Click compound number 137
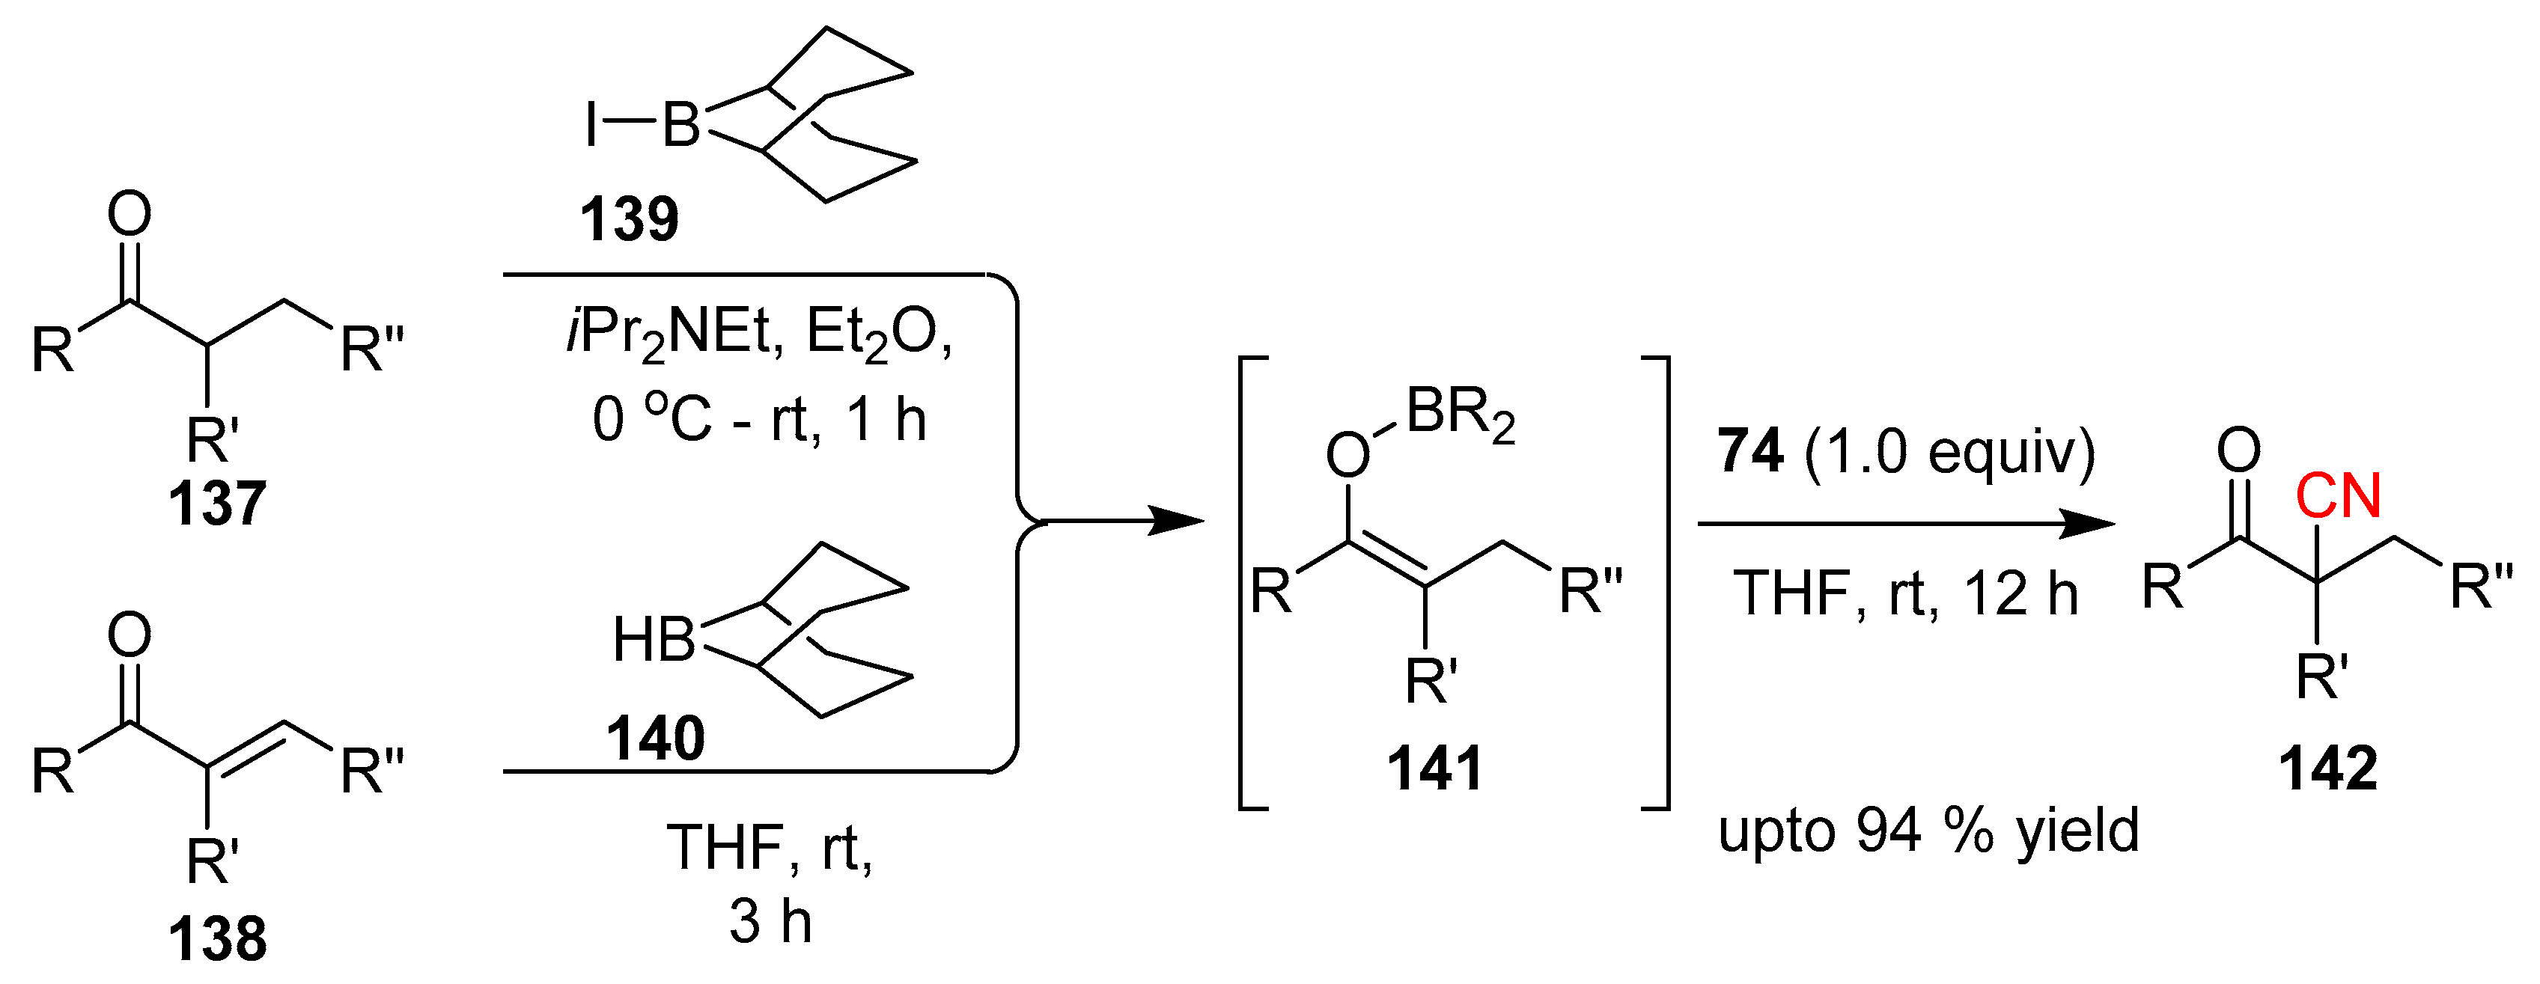[217, 504]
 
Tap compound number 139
[629, 219]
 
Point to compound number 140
[656, 739]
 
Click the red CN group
[2338, 496]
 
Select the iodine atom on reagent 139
[591, 127]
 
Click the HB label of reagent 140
[654, 640]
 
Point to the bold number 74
[1750, 451]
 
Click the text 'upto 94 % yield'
[1928, 831]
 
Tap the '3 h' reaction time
[770, 922]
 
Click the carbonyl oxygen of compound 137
[130, 214]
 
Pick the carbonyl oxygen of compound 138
[130, 635]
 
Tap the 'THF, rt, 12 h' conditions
[1905, 595]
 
